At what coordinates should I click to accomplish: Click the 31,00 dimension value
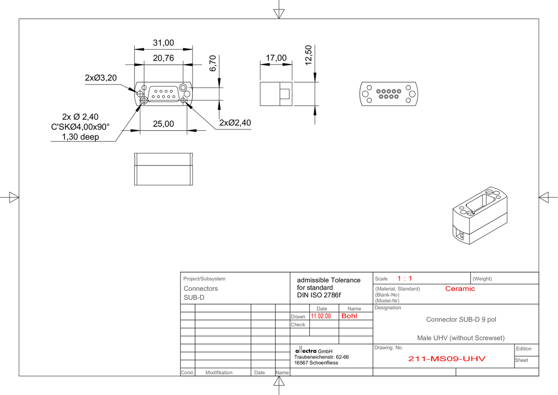click(x=163, y=43)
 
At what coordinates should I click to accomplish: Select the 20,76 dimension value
click(x=163, y=58)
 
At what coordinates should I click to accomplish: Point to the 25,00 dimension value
click(x=163, y=124)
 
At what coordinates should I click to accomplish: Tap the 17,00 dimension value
click(x=276, y=58)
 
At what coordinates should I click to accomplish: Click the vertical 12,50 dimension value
click(x=309, y=55)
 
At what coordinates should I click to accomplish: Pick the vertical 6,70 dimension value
click(x=213, y=63)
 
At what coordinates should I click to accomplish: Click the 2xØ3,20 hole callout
click(x=101, y=78)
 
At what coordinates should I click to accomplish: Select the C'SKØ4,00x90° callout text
click(x=80, y=127)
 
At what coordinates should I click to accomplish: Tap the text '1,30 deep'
click(x=80, y=137)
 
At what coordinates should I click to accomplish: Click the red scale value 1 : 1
click(x=405, y=279)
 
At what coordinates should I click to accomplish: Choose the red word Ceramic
click(x=460, y=289)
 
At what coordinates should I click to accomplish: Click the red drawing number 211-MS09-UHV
click(x=447, y=359)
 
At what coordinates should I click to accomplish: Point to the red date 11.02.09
click(x=321, y=316)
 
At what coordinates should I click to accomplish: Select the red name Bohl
click(x=349, y=316)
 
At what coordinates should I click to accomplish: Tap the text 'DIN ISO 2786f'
click(x=319, y=295)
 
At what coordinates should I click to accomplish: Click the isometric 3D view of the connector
click(x=480, y=215)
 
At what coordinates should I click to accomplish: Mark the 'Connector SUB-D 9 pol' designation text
click(x=461, y=320)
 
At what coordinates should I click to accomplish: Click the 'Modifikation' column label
click(x=219, y=373)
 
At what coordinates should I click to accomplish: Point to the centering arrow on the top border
click(x=279, y=14)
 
